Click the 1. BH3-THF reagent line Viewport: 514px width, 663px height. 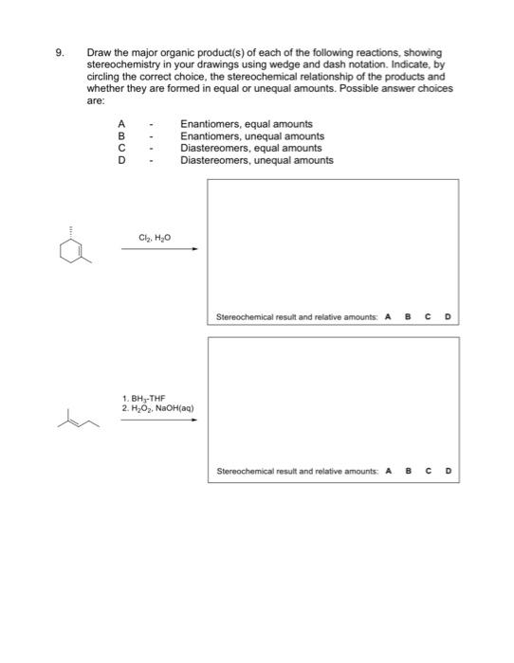[143, 400]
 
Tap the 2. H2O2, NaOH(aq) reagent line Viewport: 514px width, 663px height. [157, 409]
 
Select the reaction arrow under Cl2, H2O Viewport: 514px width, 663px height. [158, 250]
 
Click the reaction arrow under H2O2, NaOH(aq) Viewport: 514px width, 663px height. [158, 421]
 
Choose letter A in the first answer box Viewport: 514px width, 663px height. [388, 317]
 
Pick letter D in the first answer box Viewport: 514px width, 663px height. [448, 317]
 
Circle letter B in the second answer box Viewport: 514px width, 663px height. [409, 471]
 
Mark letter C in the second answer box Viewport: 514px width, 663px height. [429, 471]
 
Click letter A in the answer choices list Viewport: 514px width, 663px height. [121, 124]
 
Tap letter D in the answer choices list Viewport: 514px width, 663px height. [121, 160]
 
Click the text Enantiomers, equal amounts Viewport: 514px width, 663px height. [246, 124]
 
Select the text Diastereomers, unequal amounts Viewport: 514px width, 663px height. [256, 160]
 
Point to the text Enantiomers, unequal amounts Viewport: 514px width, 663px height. [251, 136]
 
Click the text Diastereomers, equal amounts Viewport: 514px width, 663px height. [250, 149]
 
